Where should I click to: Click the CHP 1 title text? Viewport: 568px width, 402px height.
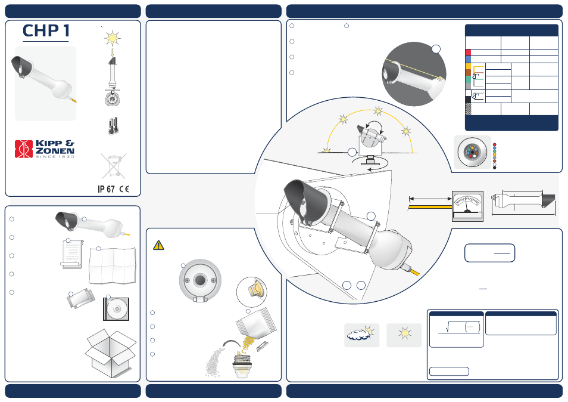[x=46, y=31]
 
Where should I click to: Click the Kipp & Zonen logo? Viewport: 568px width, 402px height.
[x=45, y=149]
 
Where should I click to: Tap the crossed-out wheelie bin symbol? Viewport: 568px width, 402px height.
[x=114, y=166]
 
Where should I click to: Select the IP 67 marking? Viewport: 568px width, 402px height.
[x=106, y=189]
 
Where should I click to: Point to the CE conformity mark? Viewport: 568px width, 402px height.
[x=124, y=189]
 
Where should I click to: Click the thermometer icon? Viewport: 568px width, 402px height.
[x=113, y=126]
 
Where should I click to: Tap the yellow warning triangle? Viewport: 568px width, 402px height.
[x=158, y=246]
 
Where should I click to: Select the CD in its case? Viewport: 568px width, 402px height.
[x=116, y=309]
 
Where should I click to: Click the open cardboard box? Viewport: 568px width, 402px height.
[x=110, y=353]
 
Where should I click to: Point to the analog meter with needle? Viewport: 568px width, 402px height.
[x=467, y=206]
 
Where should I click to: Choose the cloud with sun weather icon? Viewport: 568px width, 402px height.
[x=361, y=335]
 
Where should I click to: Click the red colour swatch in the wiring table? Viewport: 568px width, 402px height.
[x=468, y=52]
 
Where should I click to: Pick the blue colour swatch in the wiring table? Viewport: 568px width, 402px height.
[x=468, y=59]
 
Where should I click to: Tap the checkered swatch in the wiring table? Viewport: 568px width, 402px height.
[x=468, y=109]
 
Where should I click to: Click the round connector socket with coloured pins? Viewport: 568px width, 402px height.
[x=472, y=152]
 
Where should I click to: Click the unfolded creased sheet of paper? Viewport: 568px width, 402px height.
[x=113, y=265]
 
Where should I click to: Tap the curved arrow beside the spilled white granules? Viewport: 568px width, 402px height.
[x=232, y=345]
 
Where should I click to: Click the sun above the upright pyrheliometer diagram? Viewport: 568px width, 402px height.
[x=113, y=38]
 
